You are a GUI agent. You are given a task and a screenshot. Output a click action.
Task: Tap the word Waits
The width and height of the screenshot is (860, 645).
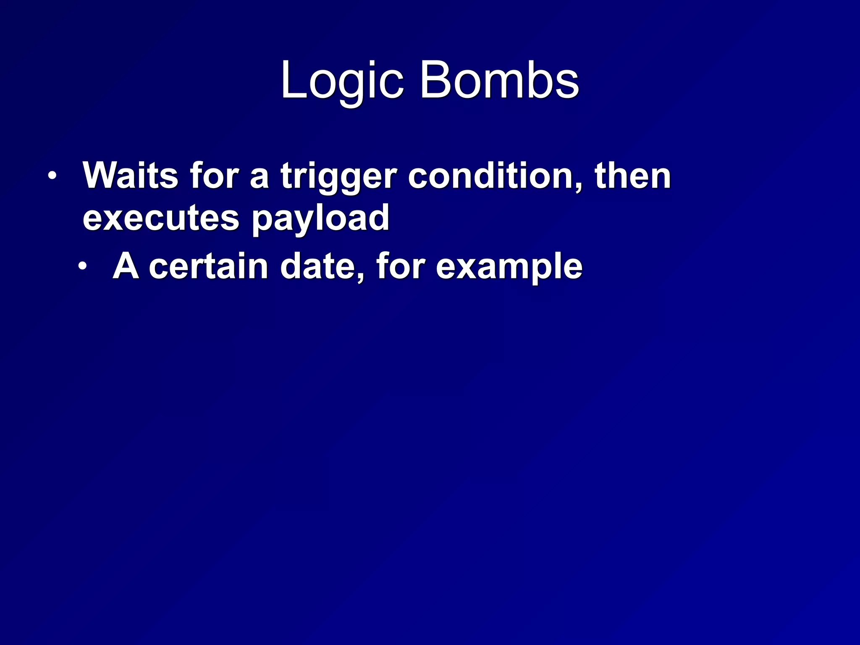[131, 176]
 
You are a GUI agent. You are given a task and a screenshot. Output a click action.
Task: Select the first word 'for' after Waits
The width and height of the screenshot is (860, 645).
[214, 176]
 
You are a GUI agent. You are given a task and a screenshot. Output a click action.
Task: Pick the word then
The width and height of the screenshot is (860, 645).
[632, 176]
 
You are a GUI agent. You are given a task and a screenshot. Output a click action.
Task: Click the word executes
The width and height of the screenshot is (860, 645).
[161, 218]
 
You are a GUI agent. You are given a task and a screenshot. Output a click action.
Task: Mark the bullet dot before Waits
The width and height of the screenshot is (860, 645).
[51, 176]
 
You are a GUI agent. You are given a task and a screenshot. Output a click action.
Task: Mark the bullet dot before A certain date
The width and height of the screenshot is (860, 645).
[83, 266]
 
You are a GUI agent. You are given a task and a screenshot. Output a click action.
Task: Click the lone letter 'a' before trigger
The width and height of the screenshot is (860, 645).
[259, 178]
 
